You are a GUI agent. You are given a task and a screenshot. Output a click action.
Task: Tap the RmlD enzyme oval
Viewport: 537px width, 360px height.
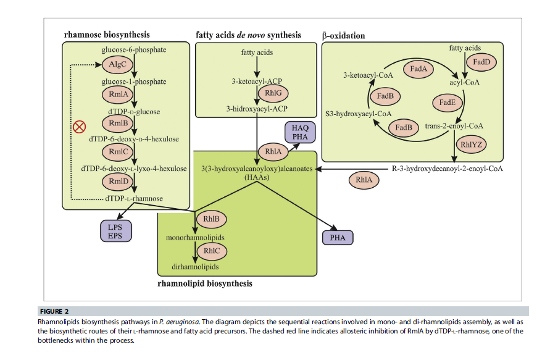click(x=117, y=181)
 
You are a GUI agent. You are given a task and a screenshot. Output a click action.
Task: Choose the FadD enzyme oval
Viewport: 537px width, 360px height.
click(x=481, y=62)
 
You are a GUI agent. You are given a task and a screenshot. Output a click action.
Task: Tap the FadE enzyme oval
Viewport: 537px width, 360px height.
click(x=447, y=103)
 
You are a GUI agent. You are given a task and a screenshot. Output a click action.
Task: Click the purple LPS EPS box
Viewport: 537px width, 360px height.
click(x=115, y=230)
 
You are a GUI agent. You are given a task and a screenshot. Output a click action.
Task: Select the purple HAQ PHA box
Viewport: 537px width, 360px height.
click(x=301, y=132)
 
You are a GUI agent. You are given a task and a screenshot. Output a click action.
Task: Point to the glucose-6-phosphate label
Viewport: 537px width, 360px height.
click(x=134, y=49)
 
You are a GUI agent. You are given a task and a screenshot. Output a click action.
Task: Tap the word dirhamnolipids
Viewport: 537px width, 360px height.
click(x=195, y=267)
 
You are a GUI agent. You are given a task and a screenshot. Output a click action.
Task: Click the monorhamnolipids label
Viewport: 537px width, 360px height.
click(x=194, y=237)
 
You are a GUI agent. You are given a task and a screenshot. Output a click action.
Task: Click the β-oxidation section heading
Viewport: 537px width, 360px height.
click(x=343, y=36)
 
